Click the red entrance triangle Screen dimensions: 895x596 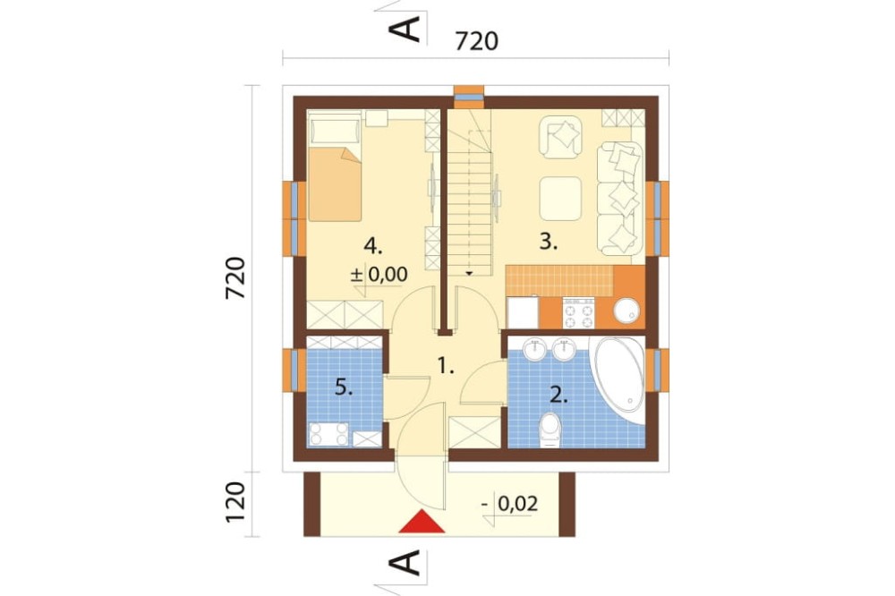422,522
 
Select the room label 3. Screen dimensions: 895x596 549,242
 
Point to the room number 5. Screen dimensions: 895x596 344,388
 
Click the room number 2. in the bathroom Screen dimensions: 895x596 558,394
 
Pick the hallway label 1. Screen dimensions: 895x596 446,365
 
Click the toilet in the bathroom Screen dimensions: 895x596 550,430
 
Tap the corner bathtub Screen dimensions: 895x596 619,374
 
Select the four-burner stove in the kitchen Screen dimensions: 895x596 579,313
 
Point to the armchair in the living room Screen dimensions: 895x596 560,137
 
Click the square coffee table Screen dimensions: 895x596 560,198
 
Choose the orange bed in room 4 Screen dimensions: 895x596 335,183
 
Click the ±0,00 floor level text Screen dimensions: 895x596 379,275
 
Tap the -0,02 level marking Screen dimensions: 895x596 510,504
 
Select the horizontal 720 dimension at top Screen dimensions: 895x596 477,41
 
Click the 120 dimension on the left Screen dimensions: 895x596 235,502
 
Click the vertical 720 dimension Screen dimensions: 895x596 235,278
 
